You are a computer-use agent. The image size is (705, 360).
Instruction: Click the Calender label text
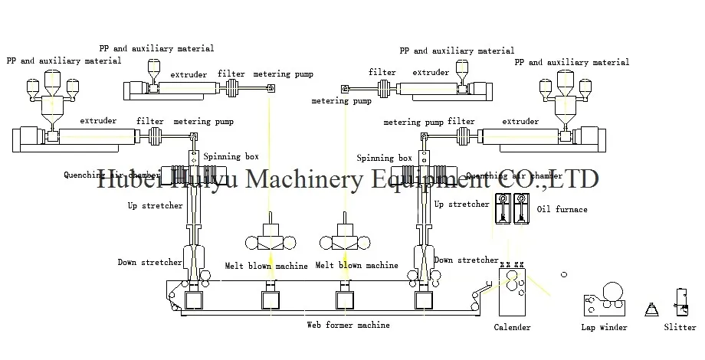click(x=511, y=328)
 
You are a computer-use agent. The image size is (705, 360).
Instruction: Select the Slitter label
click(x=680, y=328)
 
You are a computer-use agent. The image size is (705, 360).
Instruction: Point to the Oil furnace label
click(x=562, y=209)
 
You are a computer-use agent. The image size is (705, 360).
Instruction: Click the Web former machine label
click(x=348, y=326)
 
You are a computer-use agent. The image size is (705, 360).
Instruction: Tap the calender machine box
click(x=511, y=291)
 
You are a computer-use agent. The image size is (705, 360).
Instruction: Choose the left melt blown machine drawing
click(x=269, y=237)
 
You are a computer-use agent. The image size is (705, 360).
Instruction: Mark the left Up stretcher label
click(x=155, y=205)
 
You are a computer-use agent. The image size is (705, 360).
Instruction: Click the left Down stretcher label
click(x=149, y=262)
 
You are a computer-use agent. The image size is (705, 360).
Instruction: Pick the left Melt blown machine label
click(x=266, y=266)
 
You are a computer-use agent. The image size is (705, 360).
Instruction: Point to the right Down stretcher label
click(x=466, y=260)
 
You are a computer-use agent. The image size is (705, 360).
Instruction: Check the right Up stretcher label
click(x=461, y=205)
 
